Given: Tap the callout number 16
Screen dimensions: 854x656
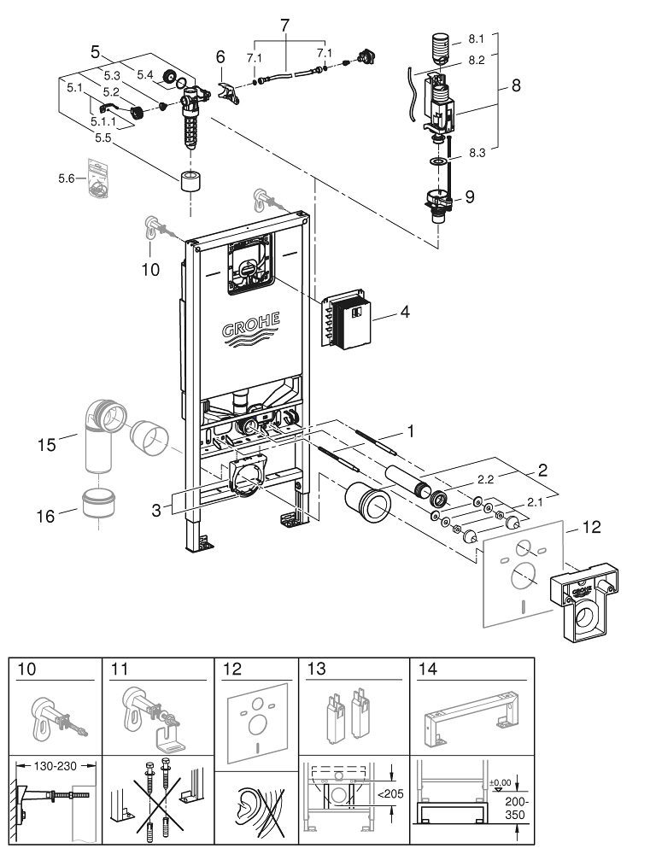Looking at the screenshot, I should click(x=46, y=515).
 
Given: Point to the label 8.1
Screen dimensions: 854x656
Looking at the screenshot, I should click(x=476, y=38).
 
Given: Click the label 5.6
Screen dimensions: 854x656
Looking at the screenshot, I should click(x=66, y=178).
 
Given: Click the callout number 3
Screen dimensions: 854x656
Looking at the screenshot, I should click(x=156, y=510).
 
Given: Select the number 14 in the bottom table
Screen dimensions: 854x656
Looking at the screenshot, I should click(x=425, y=669).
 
